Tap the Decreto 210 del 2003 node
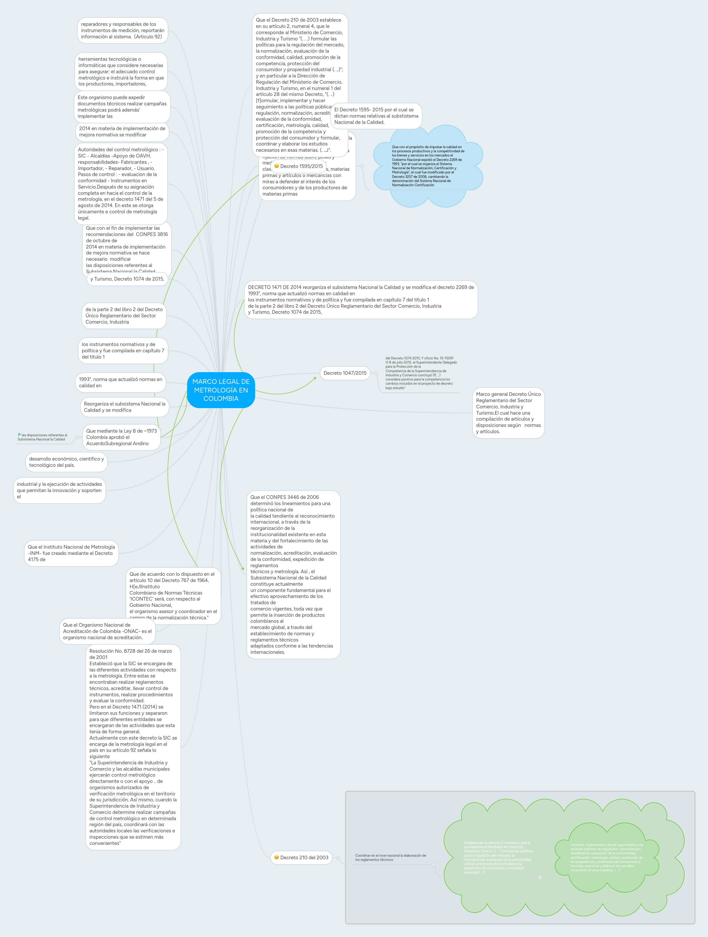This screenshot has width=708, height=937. (304, 857)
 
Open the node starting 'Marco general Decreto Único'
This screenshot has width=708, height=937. (508, 413)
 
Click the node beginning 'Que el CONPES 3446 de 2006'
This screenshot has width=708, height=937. (293, 575)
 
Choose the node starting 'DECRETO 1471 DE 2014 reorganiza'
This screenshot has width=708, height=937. (361, 299)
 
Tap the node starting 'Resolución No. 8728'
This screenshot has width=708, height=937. (133, 747)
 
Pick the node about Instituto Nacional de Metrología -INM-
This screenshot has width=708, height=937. (71, 553)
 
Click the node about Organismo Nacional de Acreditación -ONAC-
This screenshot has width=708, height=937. (107, 631)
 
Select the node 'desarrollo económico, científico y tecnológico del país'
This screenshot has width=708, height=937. (66, 462)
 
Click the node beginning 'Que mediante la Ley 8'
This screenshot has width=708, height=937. (121, 437)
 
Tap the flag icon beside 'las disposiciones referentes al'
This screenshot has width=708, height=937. (20, 435)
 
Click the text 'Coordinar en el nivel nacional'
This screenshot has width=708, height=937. (390, 857)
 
